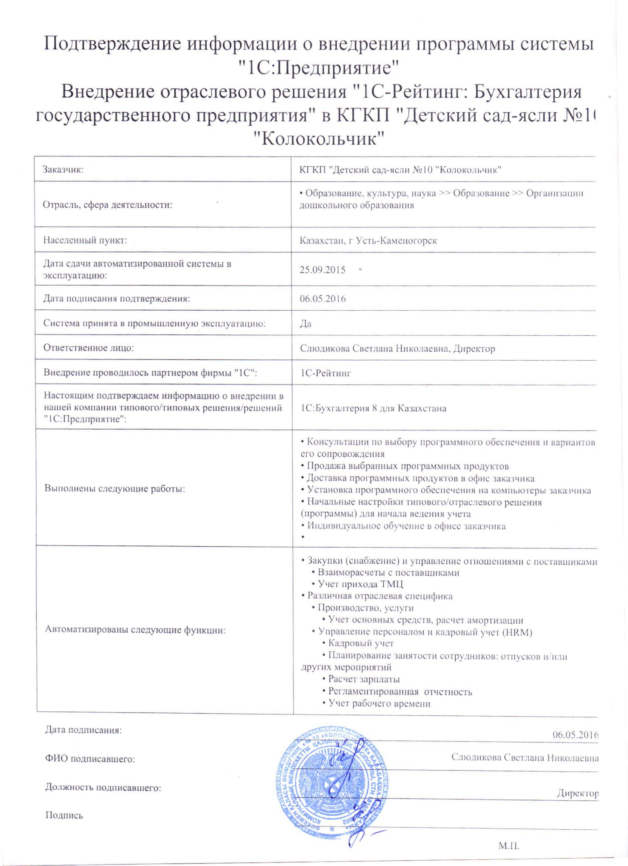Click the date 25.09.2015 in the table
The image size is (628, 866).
click(322, 270)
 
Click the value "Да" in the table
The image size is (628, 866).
click(306, 324)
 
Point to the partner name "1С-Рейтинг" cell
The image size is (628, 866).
click(325, 373)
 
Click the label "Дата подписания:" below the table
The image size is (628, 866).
click(83, 730)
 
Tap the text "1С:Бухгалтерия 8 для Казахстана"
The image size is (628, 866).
click(373, 408)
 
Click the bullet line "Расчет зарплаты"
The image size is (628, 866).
click(364, 679)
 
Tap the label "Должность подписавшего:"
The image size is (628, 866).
click(103, 787)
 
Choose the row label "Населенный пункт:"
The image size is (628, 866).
click(85, 240)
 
